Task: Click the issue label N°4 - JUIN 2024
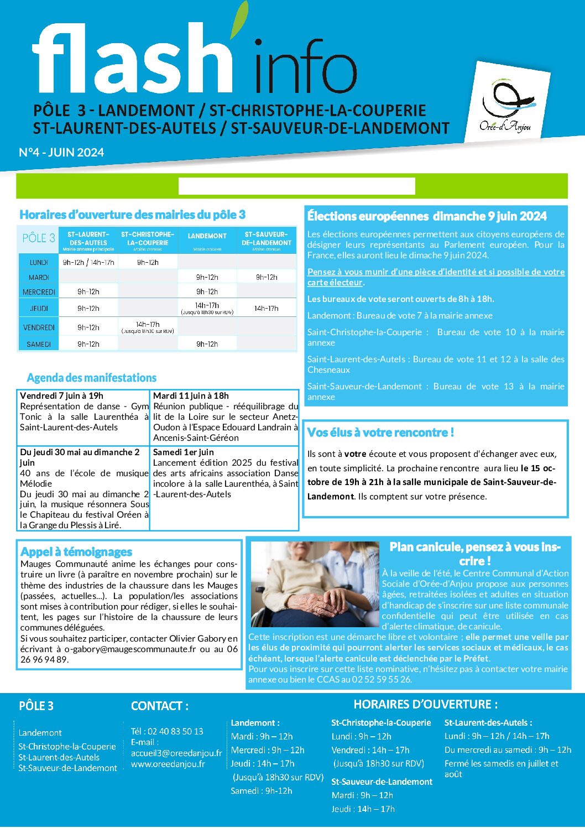(61, 153)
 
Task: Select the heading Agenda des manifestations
(92, 378)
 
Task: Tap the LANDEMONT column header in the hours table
(207, 236)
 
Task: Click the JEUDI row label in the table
(39, 308)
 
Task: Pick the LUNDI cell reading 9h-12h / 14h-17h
(88, 262)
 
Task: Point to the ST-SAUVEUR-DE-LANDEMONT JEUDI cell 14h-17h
(267, 308)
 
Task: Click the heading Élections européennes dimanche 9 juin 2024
(427, 216)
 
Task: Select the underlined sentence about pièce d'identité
(436, 277)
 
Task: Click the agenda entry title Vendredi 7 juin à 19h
(61, 395)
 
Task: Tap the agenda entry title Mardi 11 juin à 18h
(191, 395)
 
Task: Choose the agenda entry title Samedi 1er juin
(183, 452)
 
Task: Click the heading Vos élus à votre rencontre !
(380, 433)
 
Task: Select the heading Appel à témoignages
(76, 551)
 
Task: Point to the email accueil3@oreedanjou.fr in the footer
(176, 753)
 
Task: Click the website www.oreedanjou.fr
(168, 764)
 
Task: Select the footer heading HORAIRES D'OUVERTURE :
(425, 704)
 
